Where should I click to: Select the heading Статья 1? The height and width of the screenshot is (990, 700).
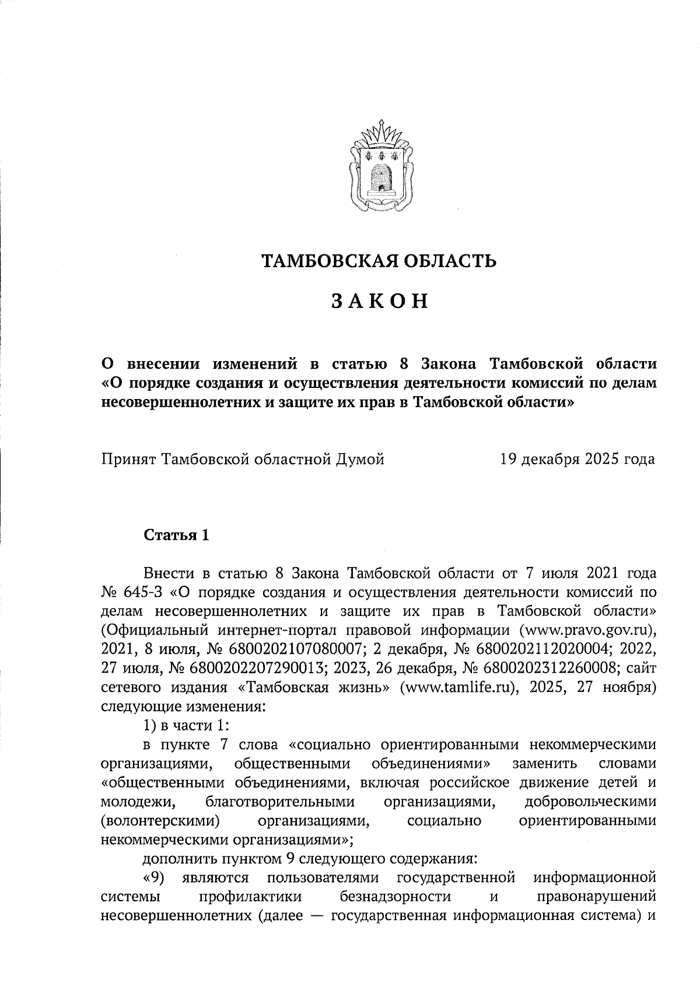click(176, 535)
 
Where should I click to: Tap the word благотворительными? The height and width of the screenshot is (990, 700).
click(280, 802)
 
